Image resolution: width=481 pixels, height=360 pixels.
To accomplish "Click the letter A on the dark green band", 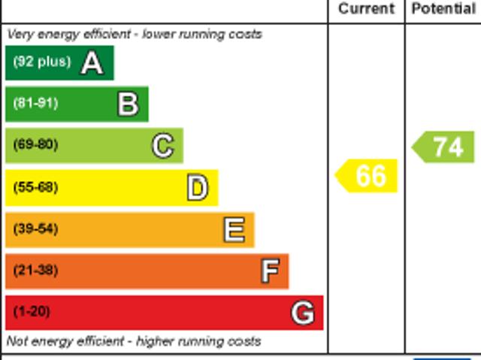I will pyautogui.click(x=92, y=62).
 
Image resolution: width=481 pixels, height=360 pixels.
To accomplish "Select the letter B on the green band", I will pyautogui.click(x=128, y=104).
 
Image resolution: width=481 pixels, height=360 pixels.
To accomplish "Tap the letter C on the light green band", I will pyautogui.click(x=162, y=146).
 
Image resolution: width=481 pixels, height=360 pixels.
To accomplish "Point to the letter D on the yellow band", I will pyautogui.click(x=197, y=188).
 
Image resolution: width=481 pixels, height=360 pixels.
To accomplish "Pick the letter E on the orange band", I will pyautogui.click(x=234, y=229).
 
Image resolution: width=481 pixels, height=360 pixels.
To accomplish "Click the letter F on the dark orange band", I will pyautogui.click(x=270, y=271).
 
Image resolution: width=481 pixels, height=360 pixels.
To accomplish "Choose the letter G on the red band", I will pyautogui.click(x=302, y=312).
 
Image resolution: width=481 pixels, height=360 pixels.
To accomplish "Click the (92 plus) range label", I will pyautogui.click(x=41, y=62).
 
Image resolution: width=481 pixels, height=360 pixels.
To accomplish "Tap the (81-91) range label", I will pyautogui.click(x=35, y=103).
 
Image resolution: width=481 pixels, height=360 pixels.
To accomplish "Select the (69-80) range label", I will pyautogui.click(x=35, y=144).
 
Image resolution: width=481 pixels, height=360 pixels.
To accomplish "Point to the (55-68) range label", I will pyautogui.click(x=35, y=187).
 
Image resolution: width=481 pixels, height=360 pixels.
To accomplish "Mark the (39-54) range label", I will pyautogui.click(x=35, y=228).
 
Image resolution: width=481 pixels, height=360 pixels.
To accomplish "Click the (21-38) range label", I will pyautogui.click(x=35, y=270).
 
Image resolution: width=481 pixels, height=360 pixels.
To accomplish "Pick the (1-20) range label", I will pyautogui.click(x=32, y=311).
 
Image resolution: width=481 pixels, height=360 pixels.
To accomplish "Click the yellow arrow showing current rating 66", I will pyautogui.click(x=367, y=176).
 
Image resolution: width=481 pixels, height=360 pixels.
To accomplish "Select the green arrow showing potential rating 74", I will pyautogui.click(x=444, y=147).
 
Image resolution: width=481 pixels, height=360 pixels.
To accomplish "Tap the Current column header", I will pyautogui.click(x=366, y=9).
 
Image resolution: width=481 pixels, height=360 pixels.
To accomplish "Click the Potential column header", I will pyautogui.click(x=443, y=9).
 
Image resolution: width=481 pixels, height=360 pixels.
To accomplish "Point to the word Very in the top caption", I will pyautogui.click(x=19, y=34).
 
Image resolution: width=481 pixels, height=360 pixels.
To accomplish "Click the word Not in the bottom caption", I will pyautogui.click(x=17, y=341).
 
